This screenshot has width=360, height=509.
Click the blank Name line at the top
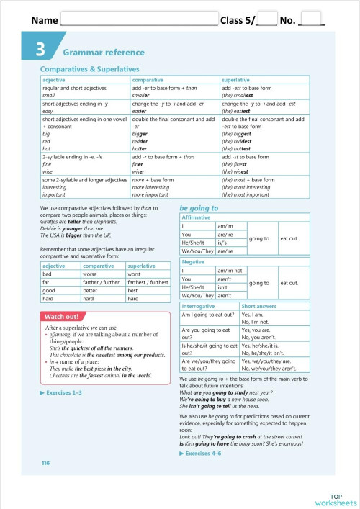pos(140,20)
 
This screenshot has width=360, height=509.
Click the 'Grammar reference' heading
pos(104,53)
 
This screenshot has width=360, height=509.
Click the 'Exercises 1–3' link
pos(64,392)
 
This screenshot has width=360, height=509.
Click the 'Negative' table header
pos(194,262)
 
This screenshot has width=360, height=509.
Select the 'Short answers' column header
pos(261,307)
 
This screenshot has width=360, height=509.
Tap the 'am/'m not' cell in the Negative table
pos(231,271)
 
